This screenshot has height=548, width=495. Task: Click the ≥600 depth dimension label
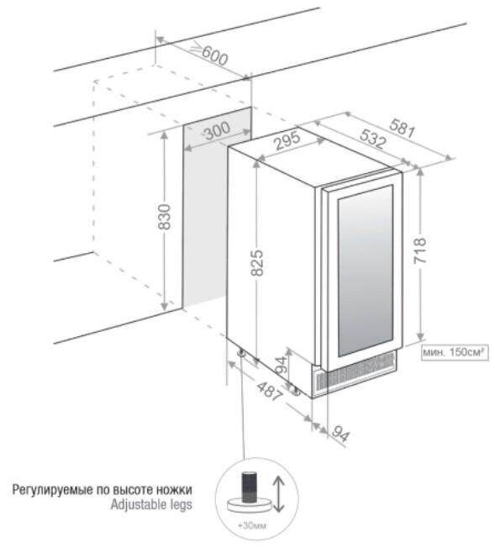210,55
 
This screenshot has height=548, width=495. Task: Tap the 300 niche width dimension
217,131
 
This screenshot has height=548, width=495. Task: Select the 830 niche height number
164,217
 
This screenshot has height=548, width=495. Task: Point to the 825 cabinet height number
257,262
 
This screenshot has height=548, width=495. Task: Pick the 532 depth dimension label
373,139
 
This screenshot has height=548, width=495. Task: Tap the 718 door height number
419,250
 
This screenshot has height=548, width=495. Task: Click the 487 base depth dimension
269,391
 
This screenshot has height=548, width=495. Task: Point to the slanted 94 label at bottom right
340,434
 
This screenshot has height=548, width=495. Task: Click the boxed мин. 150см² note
455,352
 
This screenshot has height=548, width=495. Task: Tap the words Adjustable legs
151,504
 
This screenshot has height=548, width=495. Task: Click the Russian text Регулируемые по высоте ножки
102,490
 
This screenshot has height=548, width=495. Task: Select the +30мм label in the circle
251,525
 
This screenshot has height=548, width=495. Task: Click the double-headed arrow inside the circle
278,494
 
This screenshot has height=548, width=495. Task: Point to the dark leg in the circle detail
250,487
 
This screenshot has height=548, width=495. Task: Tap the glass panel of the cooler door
366,271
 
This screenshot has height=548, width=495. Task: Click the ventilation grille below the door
355,372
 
